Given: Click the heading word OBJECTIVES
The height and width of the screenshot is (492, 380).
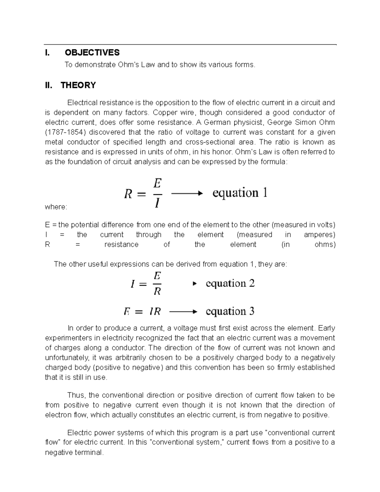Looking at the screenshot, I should [92, 53].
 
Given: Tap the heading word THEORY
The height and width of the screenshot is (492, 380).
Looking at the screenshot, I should [78, 85].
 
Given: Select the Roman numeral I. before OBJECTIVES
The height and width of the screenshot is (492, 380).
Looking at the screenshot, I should [47, 53].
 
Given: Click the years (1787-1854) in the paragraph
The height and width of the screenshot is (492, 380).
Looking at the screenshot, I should [66, 132].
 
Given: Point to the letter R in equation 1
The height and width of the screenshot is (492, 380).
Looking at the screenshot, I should [128, 194].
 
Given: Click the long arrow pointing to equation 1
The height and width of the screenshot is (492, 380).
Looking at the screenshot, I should [187, 193].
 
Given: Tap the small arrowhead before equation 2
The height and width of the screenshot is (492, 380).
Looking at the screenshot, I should [195, 284].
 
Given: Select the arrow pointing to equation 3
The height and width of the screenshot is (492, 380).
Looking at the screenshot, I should [183, 312].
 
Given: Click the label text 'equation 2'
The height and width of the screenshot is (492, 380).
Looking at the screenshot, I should [230, 284].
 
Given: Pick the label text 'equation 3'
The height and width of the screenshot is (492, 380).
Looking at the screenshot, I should [230, 311].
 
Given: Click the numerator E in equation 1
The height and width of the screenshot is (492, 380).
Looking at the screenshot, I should [157, 183].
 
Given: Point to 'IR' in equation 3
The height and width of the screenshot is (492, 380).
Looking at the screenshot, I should [155, 312].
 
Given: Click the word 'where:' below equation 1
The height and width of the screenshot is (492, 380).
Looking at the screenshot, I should [56, 207].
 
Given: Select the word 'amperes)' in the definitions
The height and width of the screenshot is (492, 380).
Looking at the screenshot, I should [320, 235].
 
